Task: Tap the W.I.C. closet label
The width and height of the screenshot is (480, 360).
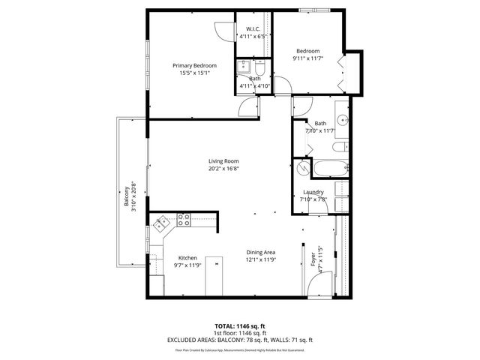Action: [x=253, y=29]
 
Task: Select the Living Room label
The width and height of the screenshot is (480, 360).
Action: [x=223, y=161]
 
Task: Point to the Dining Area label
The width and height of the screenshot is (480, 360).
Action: [x=262, y=252]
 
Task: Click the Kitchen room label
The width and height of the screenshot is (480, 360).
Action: [x=187, y=258]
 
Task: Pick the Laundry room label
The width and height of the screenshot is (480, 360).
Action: [x=313, y=192]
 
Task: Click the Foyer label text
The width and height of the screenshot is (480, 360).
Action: [x=313, y=259]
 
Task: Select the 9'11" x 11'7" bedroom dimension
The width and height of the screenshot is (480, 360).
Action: [x=312, y=58]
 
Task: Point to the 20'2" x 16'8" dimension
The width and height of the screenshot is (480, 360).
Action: [x=223, y=169]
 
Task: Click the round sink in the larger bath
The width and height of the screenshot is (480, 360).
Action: [x=341, y=118]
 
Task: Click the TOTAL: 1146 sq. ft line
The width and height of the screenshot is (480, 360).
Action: [x=240, y=325]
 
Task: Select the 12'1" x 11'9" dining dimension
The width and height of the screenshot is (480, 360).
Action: [x=262, y=260]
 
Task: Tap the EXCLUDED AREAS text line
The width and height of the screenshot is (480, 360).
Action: [x=240, y=340]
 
